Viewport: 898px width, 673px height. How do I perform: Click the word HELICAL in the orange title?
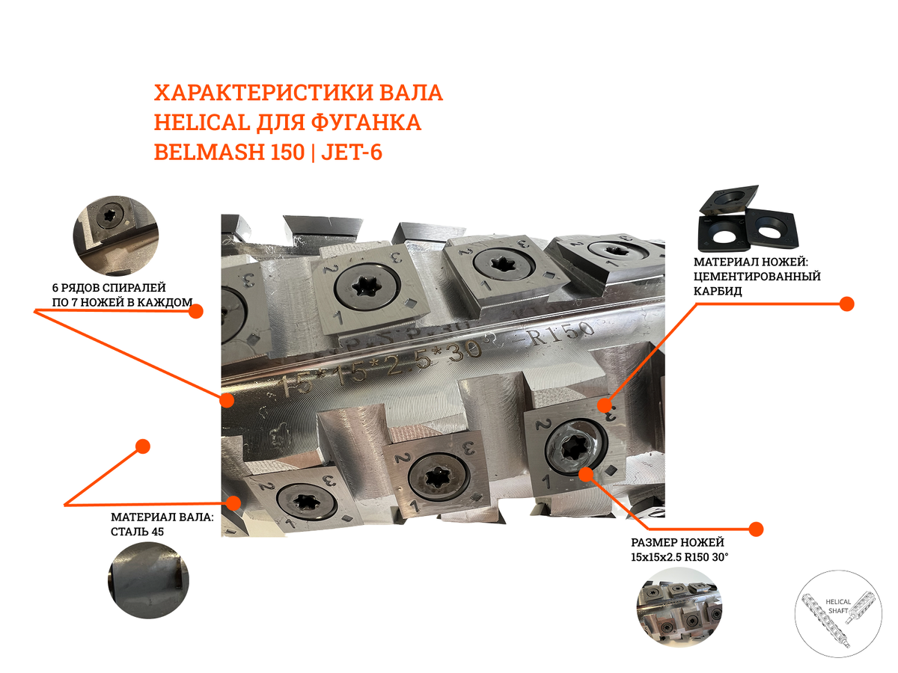[202, 122]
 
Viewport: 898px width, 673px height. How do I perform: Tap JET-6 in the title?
[352, 152]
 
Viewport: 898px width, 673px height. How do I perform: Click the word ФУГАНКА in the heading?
[366, 122]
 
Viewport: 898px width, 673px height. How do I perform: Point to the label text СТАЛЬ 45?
[137, 532]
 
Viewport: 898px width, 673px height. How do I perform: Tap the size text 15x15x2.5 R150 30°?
[679, 557]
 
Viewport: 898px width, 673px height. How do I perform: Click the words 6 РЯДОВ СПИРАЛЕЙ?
[109, 288]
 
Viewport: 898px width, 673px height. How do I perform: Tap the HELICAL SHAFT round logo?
[838, 613]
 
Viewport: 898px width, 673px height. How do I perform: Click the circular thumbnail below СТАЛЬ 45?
[148, 580]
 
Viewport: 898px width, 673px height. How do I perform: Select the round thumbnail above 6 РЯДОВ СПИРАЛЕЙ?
[116, 236]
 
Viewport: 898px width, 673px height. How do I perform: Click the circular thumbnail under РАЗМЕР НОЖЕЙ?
[679, 607]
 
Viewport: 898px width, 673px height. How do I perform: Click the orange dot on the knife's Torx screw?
[586, 474]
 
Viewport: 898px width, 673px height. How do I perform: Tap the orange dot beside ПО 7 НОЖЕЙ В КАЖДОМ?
[196, 312]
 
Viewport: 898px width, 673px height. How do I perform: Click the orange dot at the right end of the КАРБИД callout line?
[846, 304]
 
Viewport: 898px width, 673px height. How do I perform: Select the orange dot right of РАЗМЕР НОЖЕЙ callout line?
[756, 529]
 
